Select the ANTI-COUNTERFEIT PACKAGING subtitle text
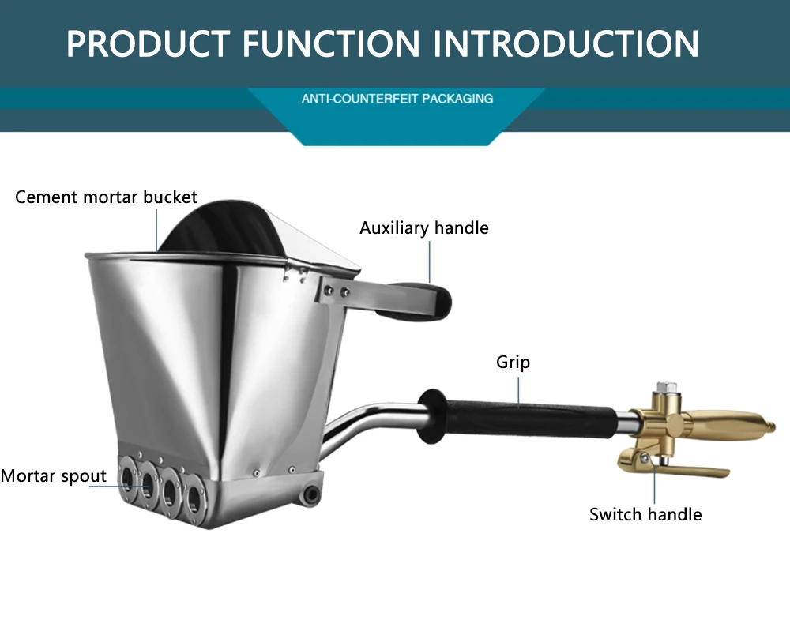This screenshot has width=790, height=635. pos(397,99)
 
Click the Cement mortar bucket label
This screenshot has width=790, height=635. pos(106,197)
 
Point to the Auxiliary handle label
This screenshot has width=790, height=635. pos(424,228)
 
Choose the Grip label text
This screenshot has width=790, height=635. pos(513,363)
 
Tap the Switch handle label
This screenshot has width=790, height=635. pos(645,514)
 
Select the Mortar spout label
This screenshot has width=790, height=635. pos(54,475)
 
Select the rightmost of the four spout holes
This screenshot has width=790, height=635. pos(192,495)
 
